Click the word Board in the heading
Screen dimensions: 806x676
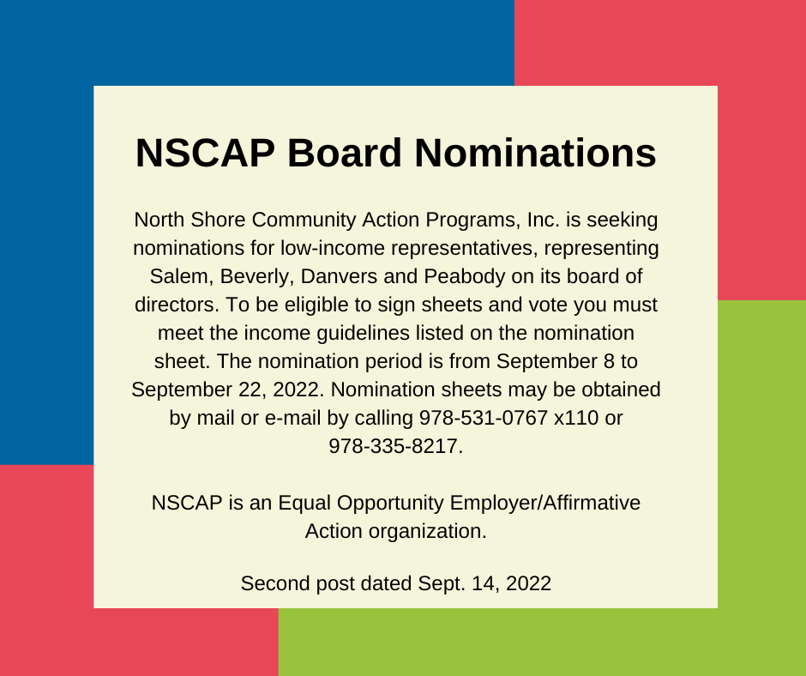tap(344, 153)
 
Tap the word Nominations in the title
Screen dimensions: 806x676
tap(535, 153)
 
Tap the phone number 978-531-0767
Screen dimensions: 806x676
tap(484, 418)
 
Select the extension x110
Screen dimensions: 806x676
tap(576, 418)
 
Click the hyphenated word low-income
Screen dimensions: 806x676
tap(333, 249)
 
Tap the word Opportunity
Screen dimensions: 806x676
tap(390, 504)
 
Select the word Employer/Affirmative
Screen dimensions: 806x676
tap(544, 504)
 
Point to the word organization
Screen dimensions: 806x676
tap(428, 531)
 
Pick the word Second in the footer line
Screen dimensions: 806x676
tap(275, 584)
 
